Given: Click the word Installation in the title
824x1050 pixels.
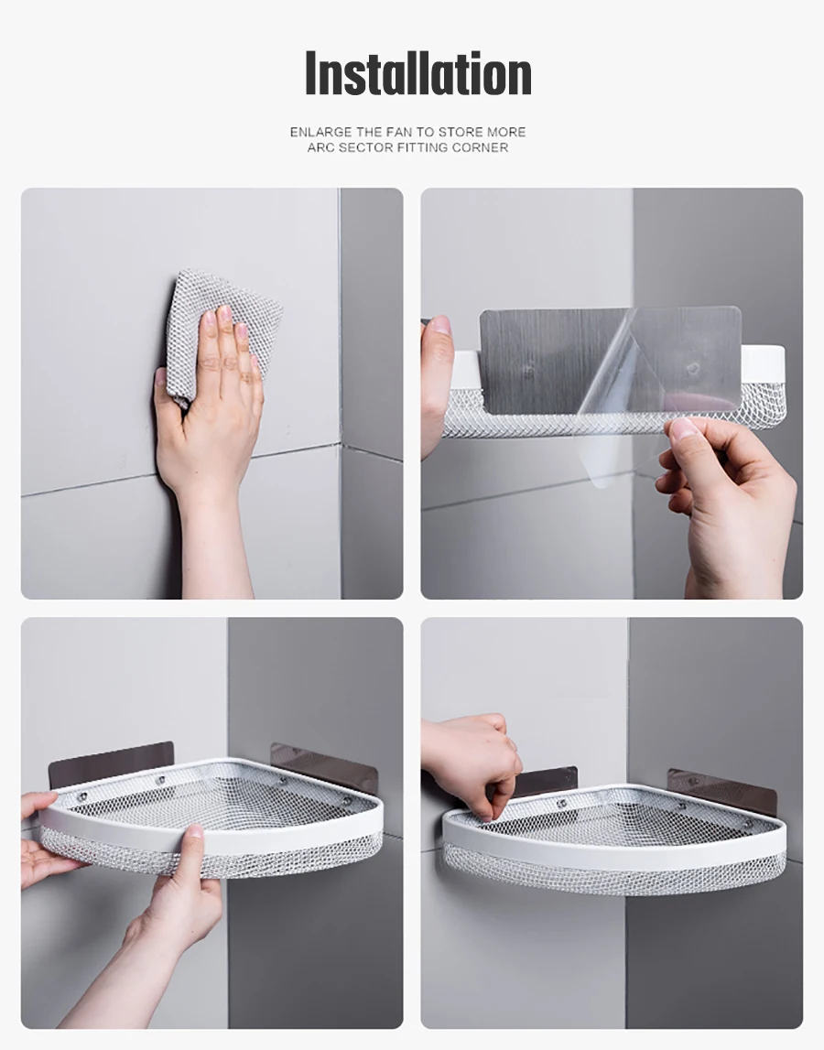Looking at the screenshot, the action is pyautogui.click(x=418, y=73).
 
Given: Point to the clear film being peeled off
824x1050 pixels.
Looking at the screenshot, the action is pyautogui.click(x=646, y=395).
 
